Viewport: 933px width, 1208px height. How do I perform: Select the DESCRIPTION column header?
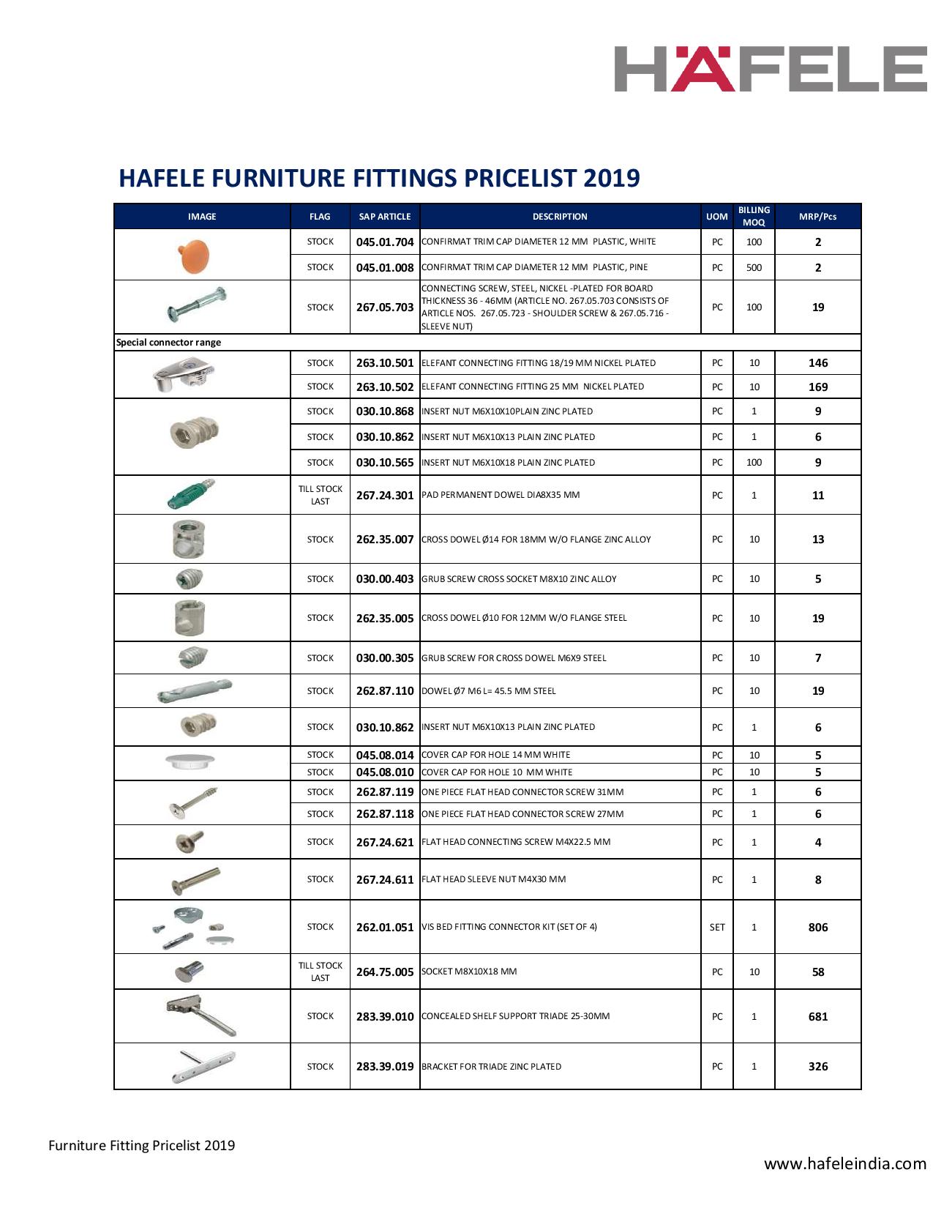tap(560, 217)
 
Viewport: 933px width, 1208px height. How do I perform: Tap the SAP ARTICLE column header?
tap(385, 217)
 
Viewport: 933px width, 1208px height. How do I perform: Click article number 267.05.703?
tap(385, 307)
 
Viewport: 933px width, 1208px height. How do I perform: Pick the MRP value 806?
tap(817, 928)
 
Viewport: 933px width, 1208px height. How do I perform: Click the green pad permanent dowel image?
tap(190, 495)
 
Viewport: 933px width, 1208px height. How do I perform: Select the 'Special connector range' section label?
tap(169, 343)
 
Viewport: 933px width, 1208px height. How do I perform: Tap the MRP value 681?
tap(817, 1017)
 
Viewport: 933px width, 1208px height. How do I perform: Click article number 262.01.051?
tap(385, 928)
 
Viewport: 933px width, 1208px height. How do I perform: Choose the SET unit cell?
tap(717, 928)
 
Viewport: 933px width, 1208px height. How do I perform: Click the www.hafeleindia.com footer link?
tap(845, 1163)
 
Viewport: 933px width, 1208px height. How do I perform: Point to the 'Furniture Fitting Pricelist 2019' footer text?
tap(142, 1145)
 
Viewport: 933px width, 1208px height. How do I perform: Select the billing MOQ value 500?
tap(754, 268)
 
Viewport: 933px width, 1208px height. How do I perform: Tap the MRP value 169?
tap(817, 387)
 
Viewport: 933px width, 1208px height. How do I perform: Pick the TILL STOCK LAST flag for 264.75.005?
tap(321, 972)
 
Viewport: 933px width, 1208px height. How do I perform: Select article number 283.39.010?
tap(385, 1017)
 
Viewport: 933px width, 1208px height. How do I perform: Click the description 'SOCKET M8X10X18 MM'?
tap(469, 972)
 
